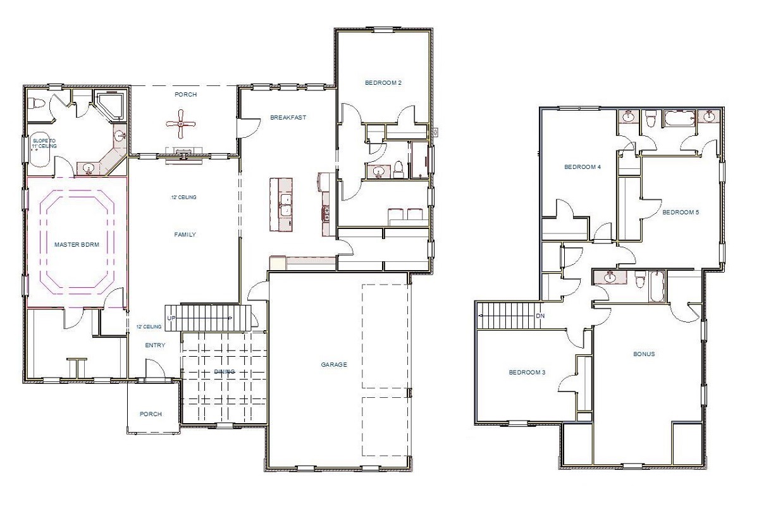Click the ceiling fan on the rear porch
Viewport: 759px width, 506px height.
181,124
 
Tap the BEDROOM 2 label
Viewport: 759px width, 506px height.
383,83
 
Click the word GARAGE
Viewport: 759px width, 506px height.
333,365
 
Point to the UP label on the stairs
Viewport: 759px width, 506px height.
171,318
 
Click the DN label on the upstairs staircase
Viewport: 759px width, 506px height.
540,315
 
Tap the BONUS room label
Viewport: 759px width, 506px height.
644,354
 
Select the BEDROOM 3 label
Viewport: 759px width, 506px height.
527,373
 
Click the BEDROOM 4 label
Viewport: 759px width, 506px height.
582,168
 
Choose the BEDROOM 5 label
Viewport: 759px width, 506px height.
680,213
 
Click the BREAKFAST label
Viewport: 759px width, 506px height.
288,118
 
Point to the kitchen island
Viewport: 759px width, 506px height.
281,204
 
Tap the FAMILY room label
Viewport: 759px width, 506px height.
185,235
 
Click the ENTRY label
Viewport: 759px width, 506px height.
155,345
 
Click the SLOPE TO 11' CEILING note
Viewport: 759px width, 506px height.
44,143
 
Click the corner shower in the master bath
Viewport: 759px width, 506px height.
111,104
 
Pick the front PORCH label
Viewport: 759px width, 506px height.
151,414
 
